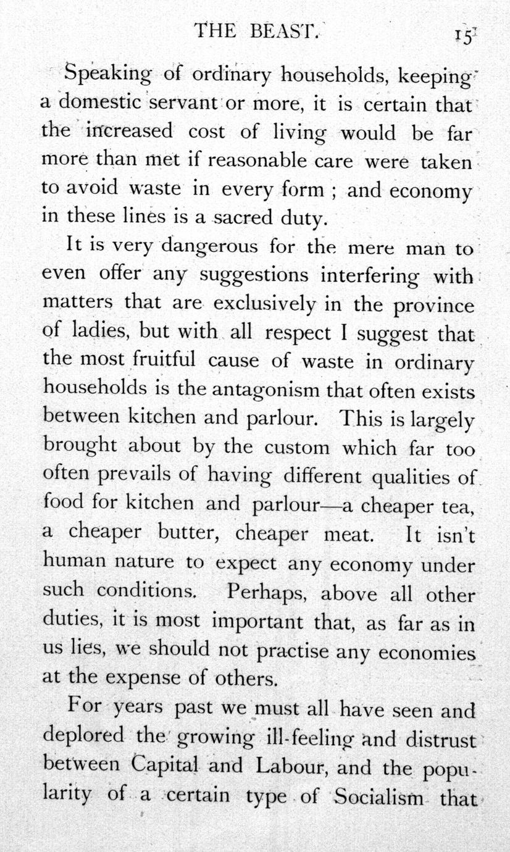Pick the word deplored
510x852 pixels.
(x=77, y=737)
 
